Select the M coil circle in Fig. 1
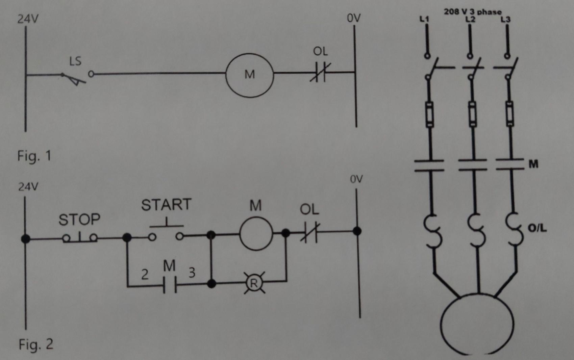click(x=249, y=75)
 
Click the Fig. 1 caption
click(x=34, y=156)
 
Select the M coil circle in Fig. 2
click(x=256, y=234)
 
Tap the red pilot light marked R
click(x=254, y=283)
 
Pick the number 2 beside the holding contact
click(x=145, y=274)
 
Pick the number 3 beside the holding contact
click(x=192, y=273)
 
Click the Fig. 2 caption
click(x=36, y=344)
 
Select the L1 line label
click(x=424, y=19)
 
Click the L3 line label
click(x=505, y=19)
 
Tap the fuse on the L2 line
click(x=473, y=114)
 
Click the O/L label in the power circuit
click(x=537, y=229)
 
